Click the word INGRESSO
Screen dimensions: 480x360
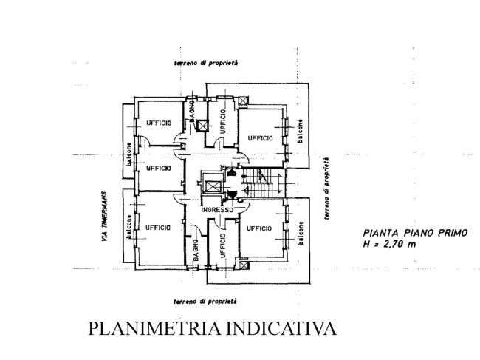click(x=217, y=210)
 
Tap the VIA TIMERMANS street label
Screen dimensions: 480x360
click(x=104, y=217)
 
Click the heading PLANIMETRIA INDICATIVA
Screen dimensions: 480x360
click(x=212, y=328)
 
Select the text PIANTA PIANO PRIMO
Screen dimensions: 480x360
click(x=415, y=233)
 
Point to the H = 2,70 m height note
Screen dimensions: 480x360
click(x=389, y=244)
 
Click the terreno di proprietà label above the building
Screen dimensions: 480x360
click(x=206, y=63)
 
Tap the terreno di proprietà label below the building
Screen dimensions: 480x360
click(x=205, y=302)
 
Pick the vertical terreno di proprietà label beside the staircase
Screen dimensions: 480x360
click(x=326, y=189)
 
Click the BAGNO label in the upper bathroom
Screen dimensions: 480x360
click(x=192, y=112)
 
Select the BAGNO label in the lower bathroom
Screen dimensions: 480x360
click(x=196, y=250)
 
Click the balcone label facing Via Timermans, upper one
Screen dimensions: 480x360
click(x=129, y=154)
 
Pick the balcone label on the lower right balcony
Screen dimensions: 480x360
click(x=301, y=233)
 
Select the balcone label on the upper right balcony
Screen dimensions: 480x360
click(x=301, y=131)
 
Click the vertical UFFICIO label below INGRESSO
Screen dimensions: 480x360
click(x=222, y=245)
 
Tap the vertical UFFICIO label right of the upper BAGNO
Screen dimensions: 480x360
click(x=222, y=122)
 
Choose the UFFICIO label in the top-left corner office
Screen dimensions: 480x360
click(x=159, y=123)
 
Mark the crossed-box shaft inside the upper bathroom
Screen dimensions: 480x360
click(x=202, y=126)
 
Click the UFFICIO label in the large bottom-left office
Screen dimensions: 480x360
click(x=157, y=228)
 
